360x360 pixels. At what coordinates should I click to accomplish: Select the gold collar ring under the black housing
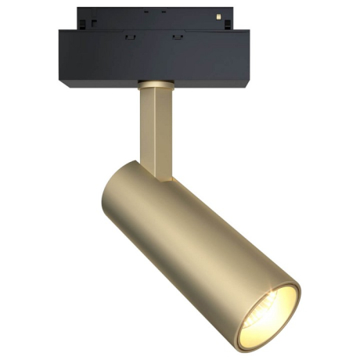[154, 83]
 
